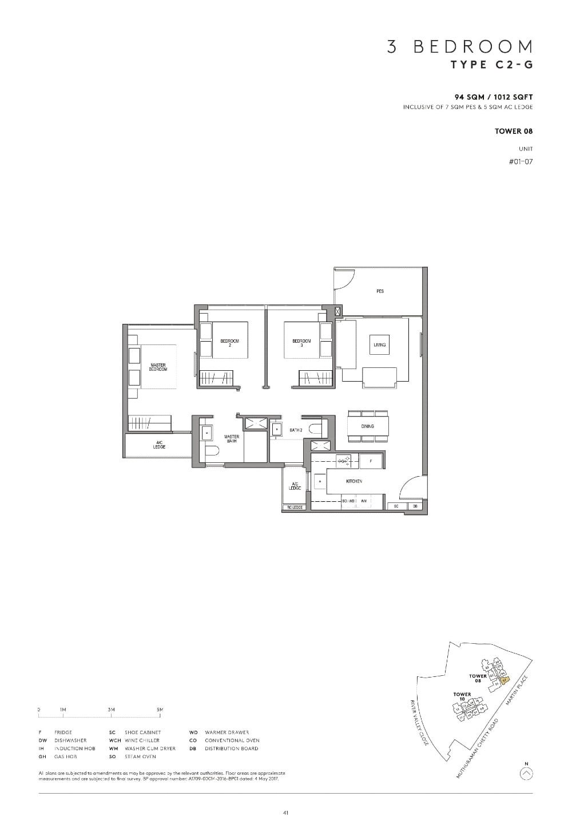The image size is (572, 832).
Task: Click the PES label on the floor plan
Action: click(x=380, y=291)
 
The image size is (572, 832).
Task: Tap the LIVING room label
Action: click(x=380, y=345)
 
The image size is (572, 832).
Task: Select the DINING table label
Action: click(x=367, y=426)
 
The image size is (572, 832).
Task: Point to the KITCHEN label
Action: click(x=354, y=482)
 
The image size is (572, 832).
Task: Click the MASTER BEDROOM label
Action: click(x=158, y=367)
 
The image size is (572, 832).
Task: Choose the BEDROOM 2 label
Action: click(x=229, y=343)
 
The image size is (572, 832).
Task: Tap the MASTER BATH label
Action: click(x=231, y=439)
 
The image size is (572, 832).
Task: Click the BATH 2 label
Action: click(x=296, y=430)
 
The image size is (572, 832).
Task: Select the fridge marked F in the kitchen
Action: click(x=371, y=460)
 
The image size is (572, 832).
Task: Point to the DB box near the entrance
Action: click(x=415, y=506)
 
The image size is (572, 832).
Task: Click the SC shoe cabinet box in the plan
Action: click(x=396, y=506)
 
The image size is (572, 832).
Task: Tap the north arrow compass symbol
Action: click(x=526, y=774)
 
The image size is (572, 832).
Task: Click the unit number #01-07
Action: click(x=521, y=162)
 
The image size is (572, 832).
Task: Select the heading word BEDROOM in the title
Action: click(x=473, y=47)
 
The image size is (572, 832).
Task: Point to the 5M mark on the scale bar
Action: click(x=160, y=710)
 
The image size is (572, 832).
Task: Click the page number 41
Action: click(x=285, y=813)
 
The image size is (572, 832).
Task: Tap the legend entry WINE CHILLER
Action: click(x=142, y=740)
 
